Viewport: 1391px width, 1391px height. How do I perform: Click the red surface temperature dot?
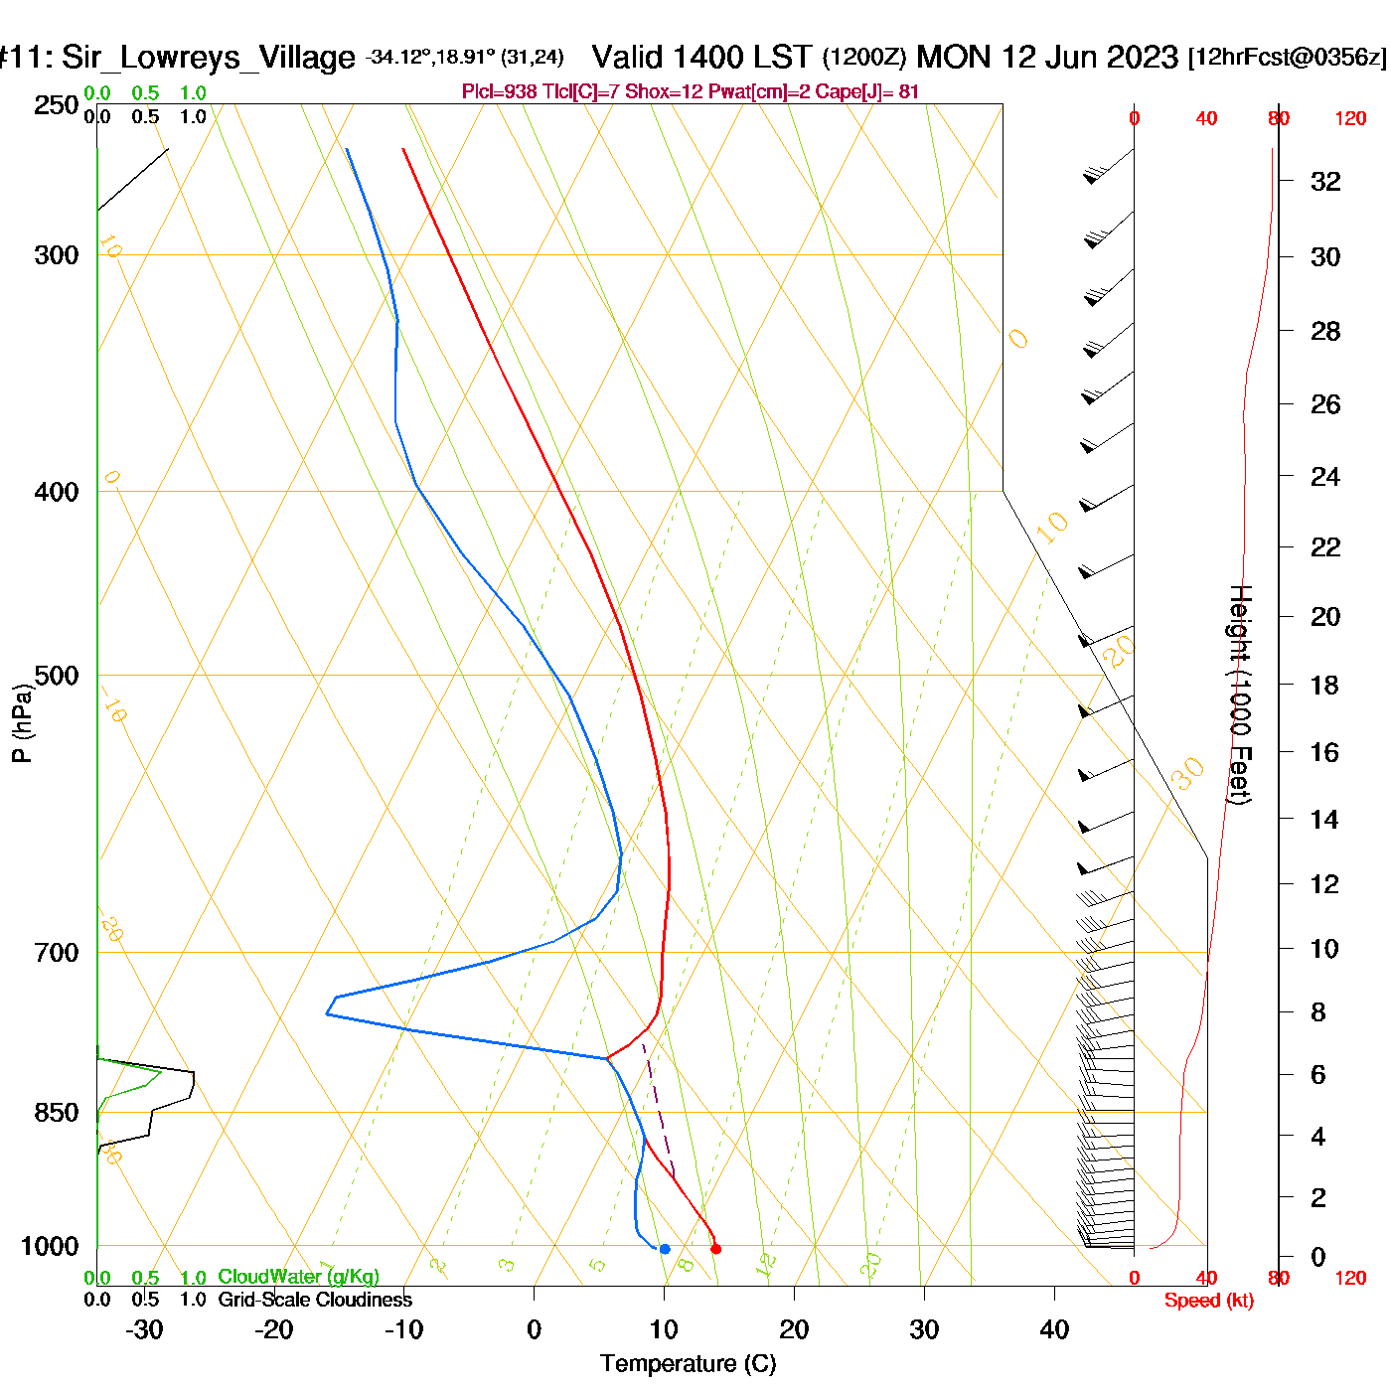[715, 1249]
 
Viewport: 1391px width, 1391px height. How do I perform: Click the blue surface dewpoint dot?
[665, 1249]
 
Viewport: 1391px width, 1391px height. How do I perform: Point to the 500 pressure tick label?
[57, 676]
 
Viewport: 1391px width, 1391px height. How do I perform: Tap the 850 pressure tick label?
[57, 1113]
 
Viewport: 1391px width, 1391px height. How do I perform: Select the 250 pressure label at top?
[57, 105]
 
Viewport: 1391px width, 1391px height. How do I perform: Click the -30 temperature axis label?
[144, 1329]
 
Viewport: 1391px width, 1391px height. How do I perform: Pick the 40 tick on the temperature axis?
[1054, 1329]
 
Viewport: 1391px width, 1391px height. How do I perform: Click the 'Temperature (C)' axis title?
[688, 1364]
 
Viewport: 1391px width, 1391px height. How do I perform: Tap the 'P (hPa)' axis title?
[22, 722]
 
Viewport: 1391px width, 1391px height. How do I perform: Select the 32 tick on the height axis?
[1325, 182]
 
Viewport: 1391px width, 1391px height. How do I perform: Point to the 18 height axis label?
[1325, 685]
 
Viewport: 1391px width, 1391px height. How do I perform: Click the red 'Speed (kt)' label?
[1209, 1301]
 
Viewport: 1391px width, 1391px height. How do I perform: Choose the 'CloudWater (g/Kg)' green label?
[298, 1277]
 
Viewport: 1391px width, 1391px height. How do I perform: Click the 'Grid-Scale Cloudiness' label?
[315, 1300]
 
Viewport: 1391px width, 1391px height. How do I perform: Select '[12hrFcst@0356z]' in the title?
[1287, 58]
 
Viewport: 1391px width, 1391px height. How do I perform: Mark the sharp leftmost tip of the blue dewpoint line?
[326, 1013]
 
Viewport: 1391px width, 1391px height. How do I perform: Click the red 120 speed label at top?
[1350, 119]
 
